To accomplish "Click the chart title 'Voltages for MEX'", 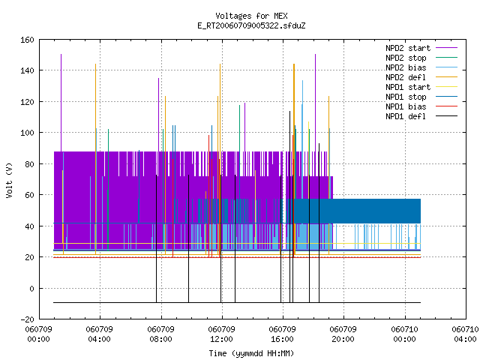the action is tap(251, 16).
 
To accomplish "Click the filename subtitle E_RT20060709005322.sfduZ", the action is tap(251, 25).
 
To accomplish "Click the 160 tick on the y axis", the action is tap(27, 40).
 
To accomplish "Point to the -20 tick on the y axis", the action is tap(27, 319).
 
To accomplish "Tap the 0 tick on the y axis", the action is tap(31, 288).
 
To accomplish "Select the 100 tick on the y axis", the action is tap(27, 133).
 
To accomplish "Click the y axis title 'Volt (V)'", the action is tap(9, 180).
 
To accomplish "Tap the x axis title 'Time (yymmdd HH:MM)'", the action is tap(251, 353).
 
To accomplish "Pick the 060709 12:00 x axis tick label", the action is tap(222, 334).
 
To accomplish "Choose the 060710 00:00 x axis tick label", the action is tap(405, 334).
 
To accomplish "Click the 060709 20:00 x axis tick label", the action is tap(343, 334).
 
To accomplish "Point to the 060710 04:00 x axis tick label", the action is tap(465, 334).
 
